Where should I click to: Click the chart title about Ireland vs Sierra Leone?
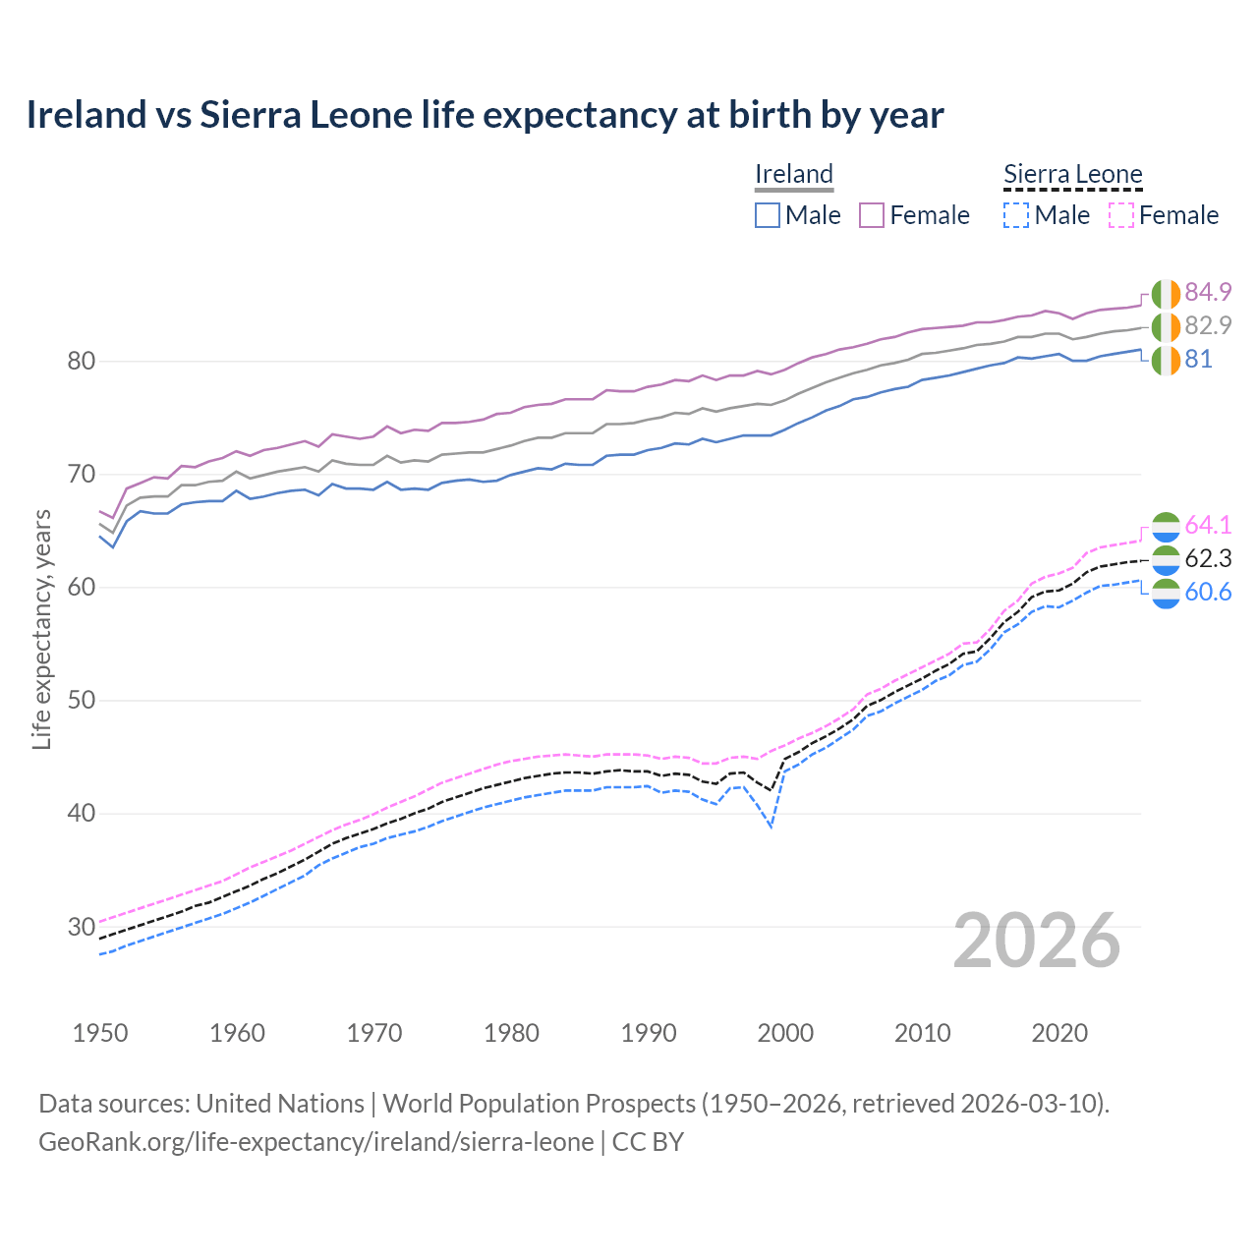click(x=485, y=115)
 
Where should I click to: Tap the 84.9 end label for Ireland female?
click(x=1208, y=292)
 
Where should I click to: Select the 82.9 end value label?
click(x=1208, y=325)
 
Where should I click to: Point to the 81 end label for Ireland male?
click(x=1198, y=359)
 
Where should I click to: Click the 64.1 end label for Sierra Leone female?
click(x=1208, y=525)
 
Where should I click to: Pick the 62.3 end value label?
click(x=1208, y=558)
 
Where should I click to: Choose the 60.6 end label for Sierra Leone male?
click(x=1208, y=592)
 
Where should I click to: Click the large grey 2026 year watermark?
click(x=1037, y=941)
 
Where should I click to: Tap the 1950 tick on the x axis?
click(x=100, y=1033)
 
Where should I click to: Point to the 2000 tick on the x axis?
click(x=785, y=1033)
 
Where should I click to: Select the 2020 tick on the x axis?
click(x=1059, y=1033)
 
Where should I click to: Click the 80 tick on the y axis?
click(x=81, y=361)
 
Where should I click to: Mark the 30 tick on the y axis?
click(x=81, y=927)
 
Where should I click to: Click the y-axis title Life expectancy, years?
click(x=41, y=629)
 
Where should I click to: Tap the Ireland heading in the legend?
click(x=794, y=174)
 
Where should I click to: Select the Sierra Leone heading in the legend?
click(x=1072, y=174)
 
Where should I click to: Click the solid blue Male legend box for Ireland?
click(x=768, y=215)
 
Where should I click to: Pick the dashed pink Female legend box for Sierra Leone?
click(x=1121, y=215)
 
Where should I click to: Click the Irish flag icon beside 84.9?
click(x=1166, y=293)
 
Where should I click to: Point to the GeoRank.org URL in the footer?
click(x=315, y=1142)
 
